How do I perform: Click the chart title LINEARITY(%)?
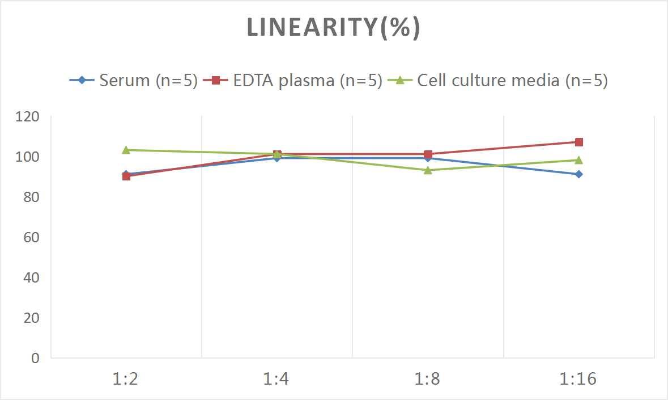coord(333,28)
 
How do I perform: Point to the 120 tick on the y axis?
coord(28,117)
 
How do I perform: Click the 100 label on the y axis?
coord(28,157)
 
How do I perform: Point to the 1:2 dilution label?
coord(126,378)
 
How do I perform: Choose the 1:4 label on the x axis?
coord(276,378)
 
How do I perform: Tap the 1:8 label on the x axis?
coord(428,378)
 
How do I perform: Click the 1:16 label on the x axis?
coord(578,378)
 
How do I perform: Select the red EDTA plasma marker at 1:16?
coord(578,142)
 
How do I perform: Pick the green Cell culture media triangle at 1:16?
coord(578,160)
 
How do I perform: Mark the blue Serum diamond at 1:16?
coord(578,174)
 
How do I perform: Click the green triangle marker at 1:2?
coord(126,150)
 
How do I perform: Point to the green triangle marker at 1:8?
coord(428,170)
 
